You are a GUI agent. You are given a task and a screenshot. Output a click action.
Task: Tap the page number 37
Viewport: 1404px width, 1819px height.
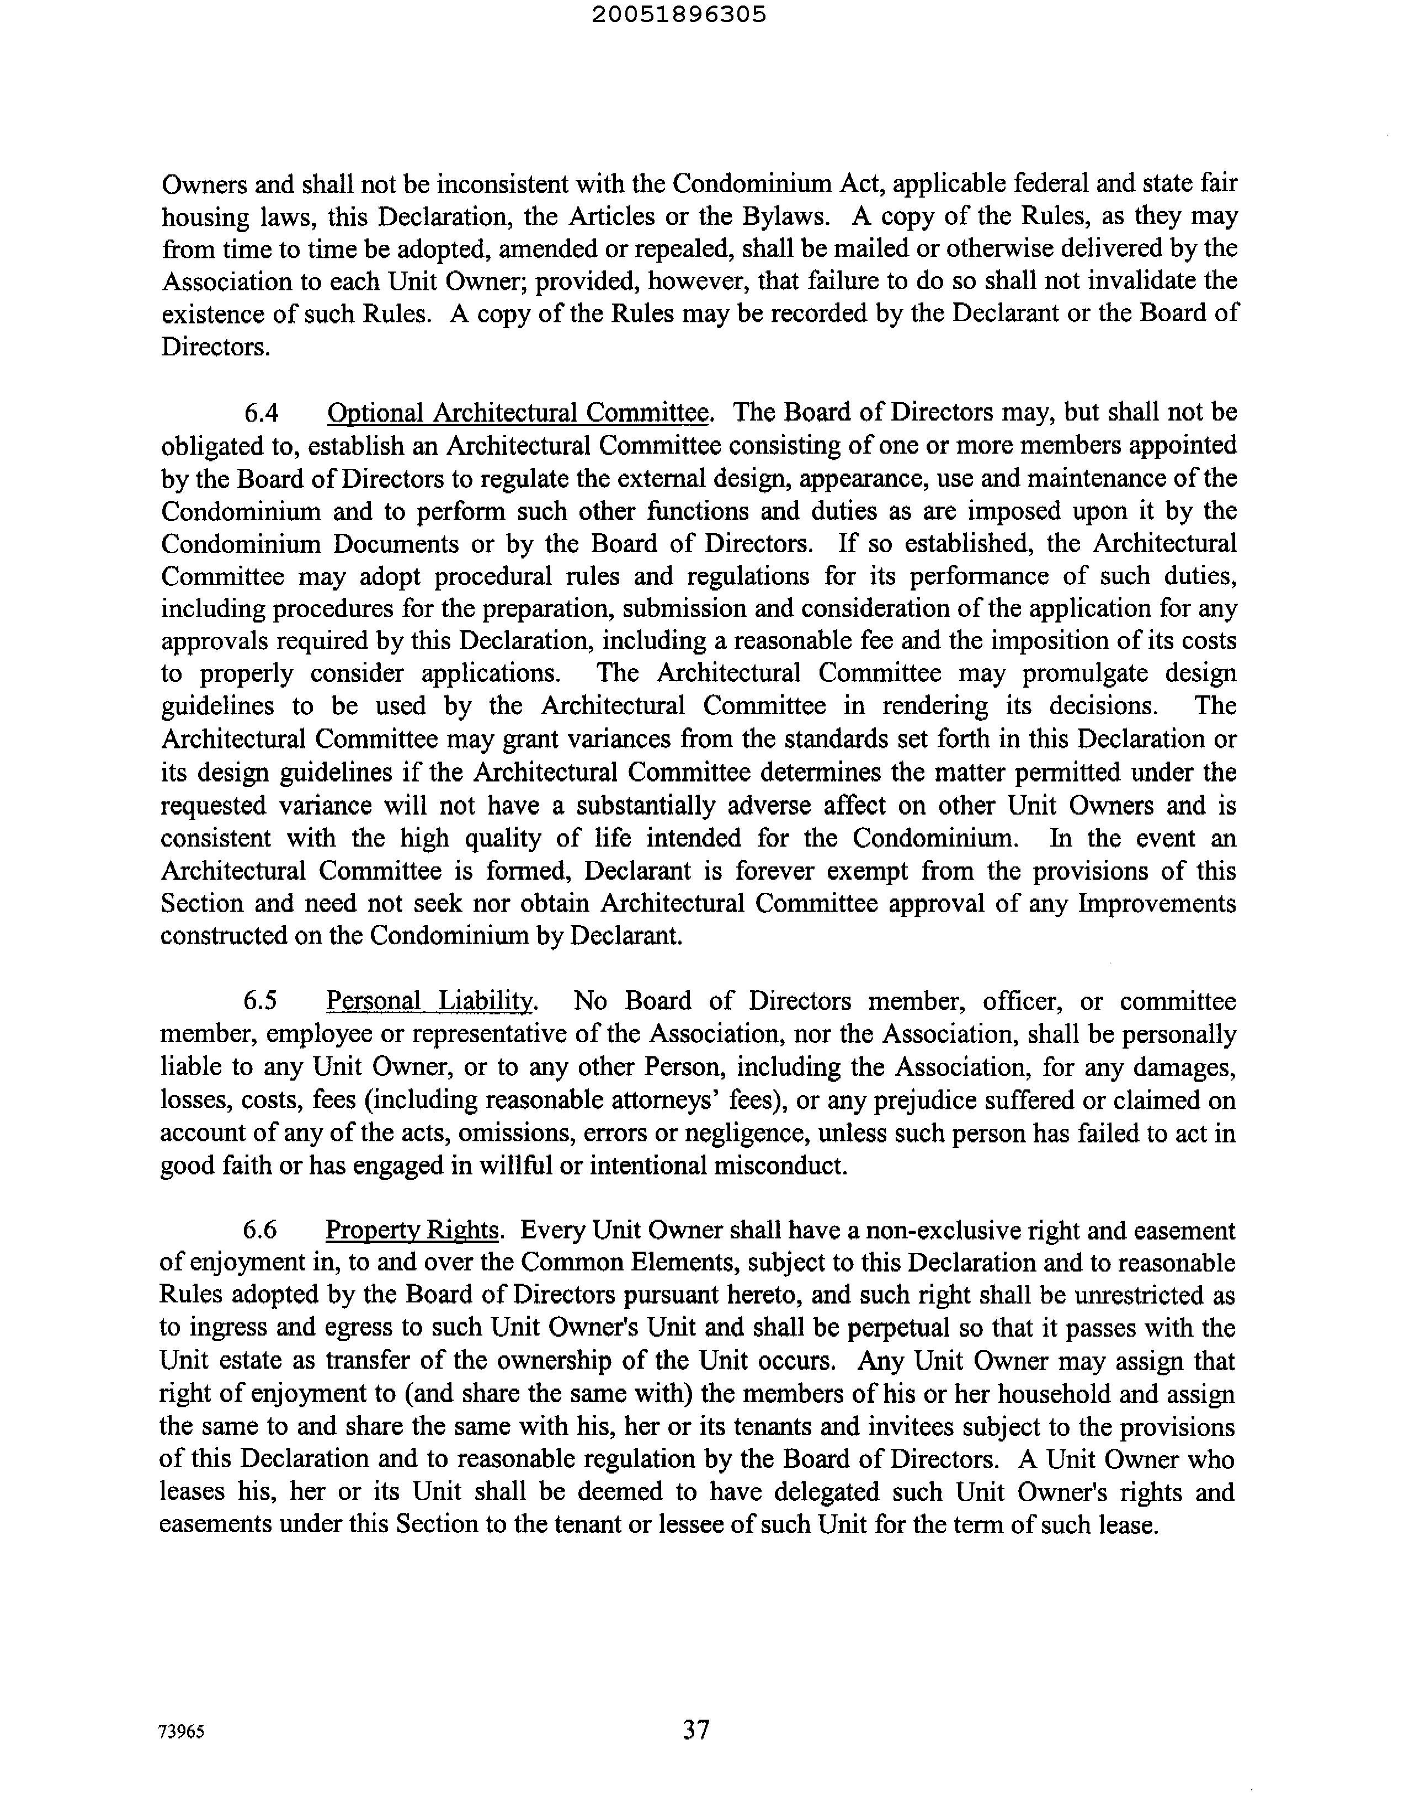pyautogui.click(x=696, y=1730)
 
